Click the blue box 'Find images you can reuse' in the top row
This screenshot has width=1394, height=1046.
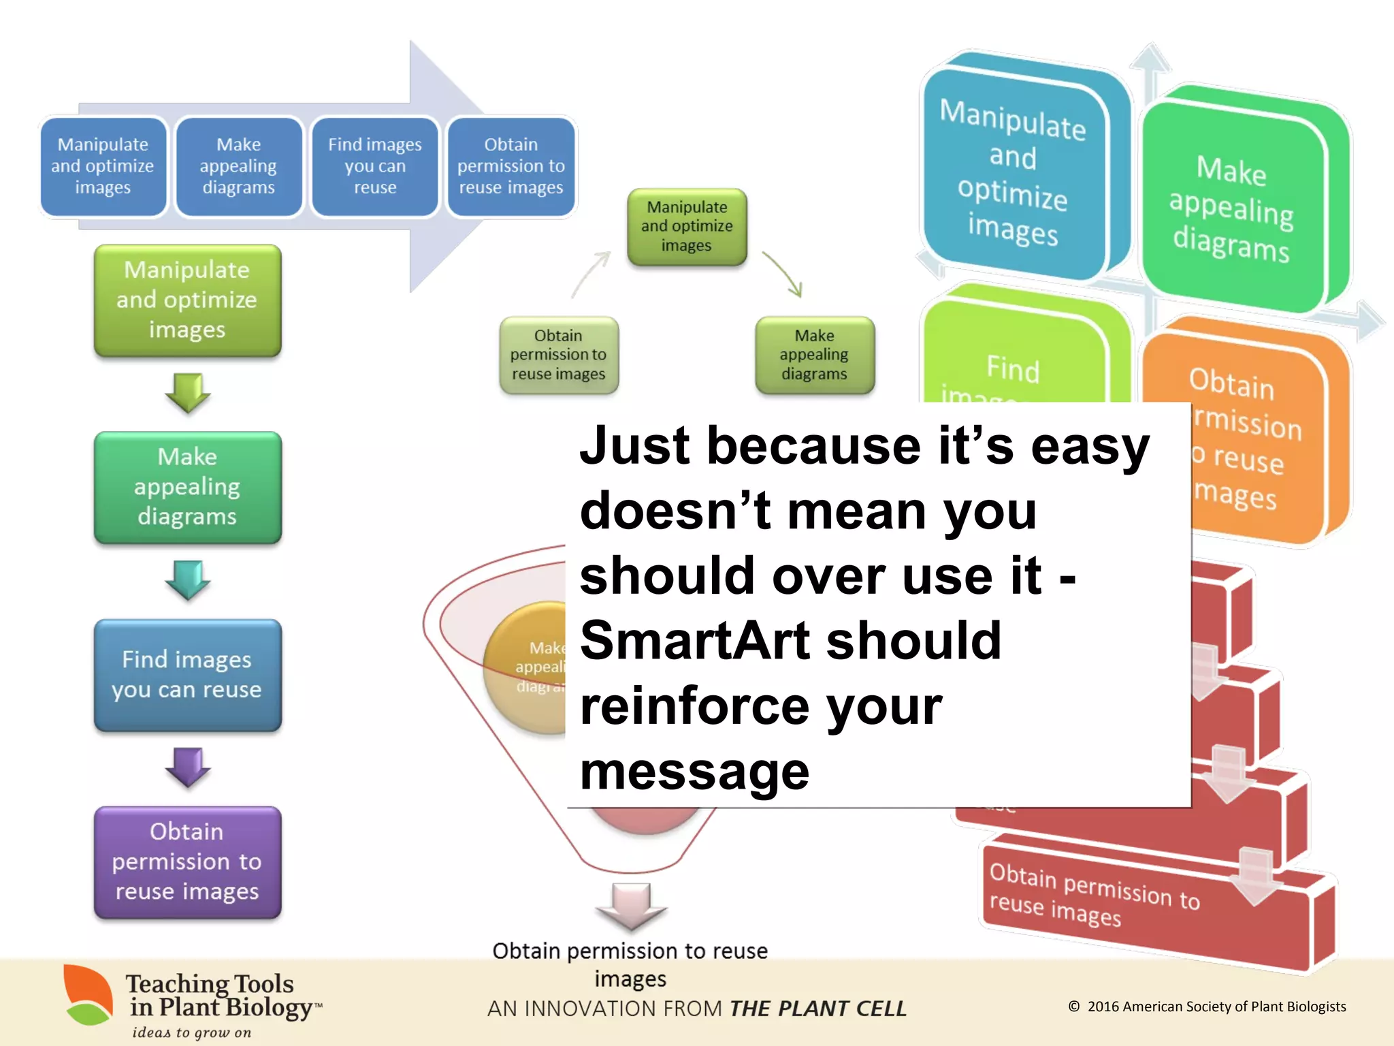click(374, 166)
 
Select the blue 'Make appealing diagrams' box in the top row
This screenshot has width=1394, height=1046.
click(238, 166)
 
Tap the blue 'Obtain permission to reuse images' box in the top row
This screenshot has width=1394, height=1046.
click(510, 166)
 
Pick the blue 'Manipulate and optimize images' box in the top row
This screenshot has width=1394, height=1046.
click(103, 166)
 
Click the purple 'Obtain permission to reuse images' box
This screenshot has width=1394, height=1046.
click(187, 861)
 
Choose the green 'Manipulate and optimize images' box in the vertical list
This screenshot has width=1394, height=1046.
click(187, 300)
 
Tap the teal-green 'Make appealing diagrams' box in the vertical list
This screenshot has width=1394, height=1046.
click(187, 486)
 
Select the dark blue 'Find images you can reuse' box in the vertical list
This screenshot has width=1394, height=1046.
click(187, 674)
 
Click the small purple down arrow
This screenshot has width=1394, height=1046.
click(187, 767)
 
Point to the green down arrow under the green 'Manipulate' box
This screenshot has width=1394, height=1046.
click(187, 392)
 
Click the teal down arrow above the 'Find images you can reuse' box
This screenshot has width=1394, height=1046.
click(187, 580)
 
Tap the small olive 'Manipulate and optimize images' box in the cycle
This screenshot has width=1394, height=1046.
click(687, 226)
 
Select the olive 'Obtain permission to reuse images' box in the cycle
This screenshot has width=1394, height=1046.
click(558, 355)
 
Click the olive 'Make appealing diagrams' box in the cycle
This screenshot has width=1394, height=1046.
click(814, 355)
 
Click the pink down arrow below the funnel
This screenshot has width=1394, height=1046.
click(632, 906)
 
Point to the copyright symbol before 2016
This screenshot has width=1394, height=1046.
click(1074, 1007)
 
